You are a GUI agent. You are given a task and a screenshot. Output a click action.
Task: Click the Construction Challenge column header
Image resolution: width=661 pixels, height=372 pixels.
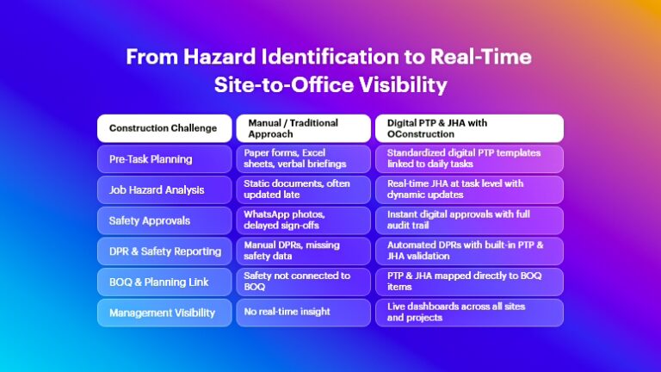click(164, 128)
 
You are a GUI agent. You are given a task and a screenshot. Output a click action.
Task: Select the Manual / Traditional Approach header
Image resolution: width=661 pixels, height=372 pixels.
click(304, 128)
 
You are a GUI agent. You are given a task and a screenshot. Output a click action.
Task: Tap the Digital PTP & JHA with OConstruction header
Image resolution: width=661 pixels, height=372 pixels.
click(469, 128)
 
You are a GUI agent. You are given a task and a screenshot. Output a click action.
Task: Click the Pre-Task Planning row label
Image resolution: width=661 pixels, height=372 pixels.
click(164, 159)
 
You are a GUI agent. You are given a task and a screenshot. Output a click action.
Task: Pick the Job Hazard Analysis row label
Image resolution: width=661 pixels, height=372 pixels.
click(164, 189)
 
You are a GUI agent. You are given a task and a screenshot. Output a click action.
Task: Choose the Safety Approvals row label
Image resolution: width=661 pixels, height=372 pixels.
click(164, 220)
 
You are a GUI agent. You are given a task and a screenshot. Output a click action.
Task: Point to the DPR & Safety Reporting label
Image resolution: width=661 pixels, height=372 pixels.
click(164, 251)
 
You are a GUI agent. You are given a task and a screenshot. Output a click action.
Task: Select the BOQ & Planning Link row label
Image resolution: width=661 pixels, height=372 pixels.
click(164, 282)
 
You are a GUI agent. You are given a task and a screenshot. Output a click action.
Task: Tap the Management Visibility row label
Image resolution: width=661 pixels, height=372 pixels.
click(164, 313)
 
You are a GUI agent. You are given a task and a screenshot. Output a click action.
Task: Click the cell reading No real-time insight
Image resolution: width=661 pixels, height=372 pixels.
click(304, 313)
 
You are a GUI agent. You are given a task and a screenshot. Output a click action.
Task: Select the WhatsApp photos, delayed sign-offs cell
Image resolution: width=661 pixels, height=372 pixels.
click(304, 220)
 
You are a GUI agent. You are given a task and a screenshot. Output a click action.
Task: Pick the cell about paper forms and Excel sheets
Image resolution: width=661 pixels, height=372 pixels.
click(304, 159)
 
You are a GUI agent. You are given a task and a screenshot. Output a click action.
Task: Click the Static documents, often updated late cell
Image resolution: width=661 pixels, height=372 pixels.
click(304, 189)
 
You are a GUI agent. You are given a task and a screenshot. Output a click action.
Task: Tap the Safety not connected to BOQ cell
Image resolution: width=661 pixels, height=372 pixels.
click(304, 282)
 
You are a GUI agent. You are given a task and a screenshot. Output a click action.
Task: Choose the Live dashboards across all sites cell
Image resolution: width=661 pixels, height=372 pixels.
click(469, 313)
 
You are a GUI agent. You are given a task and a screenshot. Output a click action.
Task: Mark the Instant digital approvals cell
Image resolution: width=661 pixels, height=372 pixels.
click(469, 220)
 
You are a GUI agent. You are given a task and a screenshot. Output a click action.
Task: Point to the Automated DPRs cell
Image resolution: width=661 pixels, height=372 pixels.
click(469, 251)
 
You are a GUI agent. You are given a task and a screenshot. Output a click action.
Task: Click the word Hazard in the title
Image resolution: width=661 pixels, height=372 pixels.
click(219, 57)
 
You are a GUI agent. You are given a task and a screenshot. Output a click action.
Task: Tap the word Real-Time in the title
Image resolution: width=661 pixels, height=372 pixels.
click(480, 57)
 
